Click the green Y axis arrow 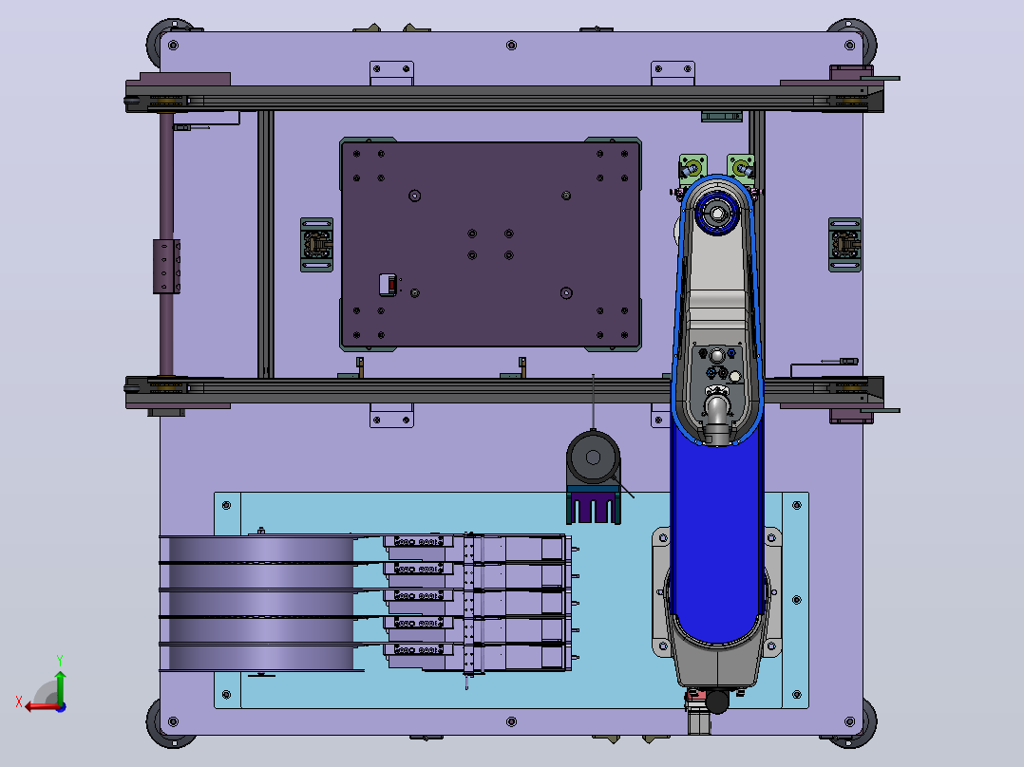point(60,685)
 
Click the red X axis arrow point(38,706)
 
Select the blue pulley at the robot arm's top point(717,213)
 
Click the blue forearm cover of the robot point(717,535)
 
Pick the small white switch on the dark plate point(388,285)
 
